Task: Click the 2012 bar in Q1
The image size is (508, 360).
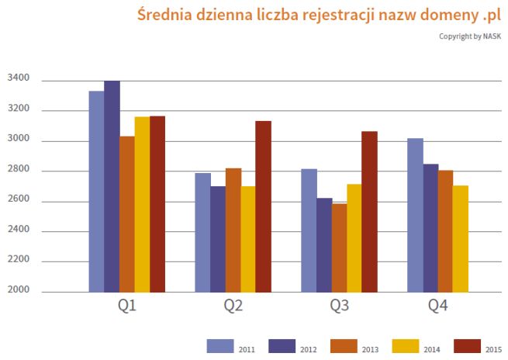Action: tap(112, 186)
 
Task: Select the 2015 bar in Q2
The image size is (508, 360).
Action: tap(263, 206)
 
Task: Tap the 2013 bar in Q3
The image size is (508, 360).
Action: tap(339, 247)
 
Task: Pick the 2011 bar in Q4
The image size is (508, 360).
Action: tap(415, 215)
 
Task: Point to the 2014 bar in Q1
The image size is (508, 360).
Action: tap(142, 204)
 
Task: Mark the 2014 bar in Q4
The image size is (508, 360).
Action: tap(461, 238)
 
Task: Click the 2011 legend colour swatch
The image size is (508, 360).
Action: tap(220, 346)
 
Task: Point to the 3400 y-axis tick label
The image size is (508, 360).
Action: tap(19, 78)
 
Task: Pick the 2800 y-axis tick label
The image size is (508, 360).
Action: tap(19, 170)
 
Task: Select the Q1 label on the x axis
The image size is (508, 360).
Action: tap(127, 306)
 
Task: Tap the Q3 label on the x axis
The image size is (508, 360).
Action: tap(339, 306)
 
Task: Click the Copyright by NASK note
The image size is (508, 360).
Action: tap(468, 36)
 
